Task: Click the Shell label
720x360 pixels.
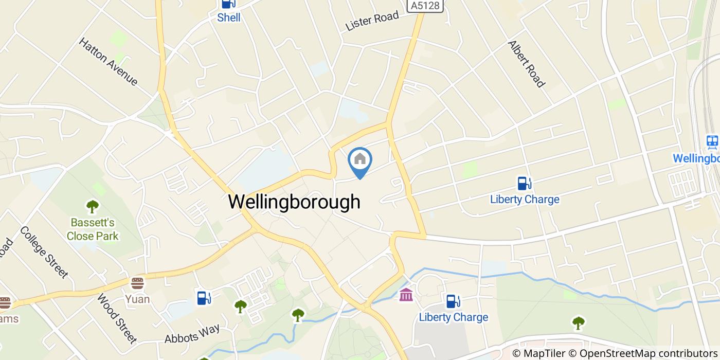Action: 229,18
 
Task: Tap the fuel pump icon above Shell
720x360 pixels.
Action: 227,4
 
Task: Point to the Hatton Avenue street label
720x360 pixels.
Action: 108,61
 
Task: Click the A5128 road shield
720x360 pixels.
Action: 426,5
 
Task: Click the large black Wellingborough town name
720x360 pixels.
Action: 294,202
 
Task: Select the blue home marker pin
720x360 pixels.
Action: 360,161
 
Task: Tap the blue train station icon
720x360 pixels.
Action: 712,141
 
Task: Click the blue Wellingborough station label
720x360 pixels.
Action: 696,158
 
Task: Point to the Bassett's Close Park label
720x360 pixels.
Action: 93,229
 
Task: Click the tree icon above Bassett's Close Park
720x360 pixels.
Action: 93,207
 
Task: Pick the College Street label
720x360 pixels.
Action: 44,251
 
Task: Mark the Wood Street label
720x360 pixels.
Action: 117,318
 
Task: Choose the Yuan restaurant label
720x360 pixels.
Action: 137,299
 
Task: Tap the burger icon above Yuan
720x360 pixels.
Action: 137,283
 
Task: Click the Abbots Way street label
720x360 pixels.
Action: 192,333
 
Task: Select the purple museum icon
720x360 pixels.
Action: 406,295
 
